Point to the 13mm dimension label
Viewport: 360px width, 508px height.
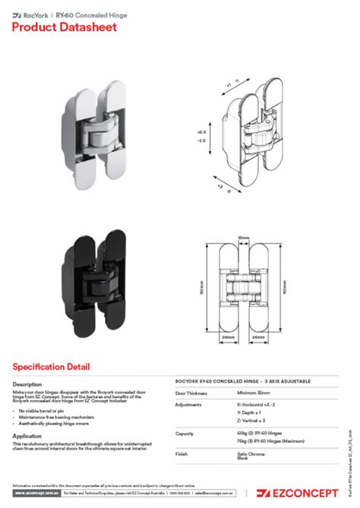click(x=244, y=240)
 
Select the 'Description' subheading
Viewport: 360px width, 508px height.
click(x=27, y=384)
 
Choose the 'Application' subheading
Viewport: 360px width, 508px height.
click(x=27, y=436)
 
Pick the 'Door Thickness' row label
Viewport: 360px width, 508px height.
click(x=191, y=393)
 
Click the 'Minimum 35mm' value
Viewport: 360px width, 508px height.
click(x=254, y=393)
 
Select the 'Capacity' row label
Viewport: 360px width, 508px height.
click(x=185, y=434)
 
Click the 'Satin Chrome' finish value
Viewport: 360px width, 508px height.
click(x=249, y=454)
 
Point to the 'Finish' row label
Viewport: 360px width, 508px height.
click(x=182, y=454)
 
